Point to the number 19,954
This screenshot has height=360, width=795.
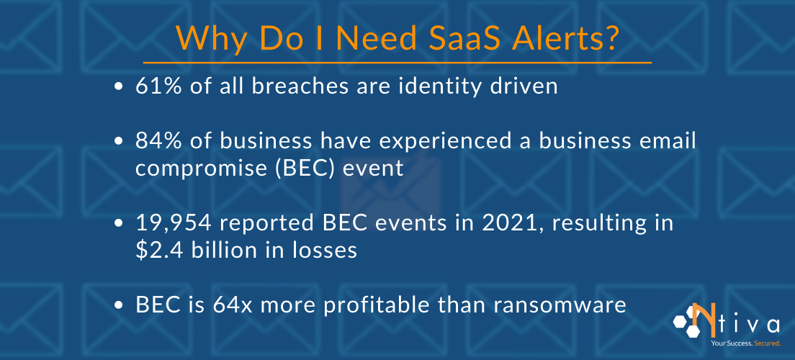tap(173, 223)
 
